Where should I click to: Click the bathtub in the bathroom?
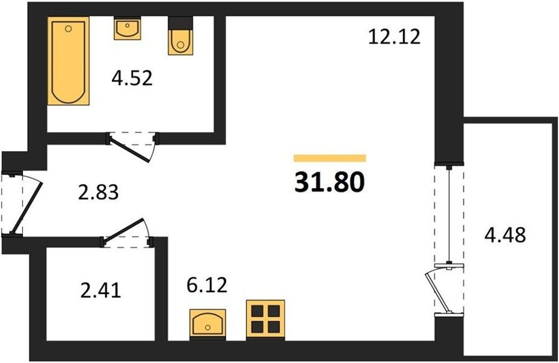point(68,61)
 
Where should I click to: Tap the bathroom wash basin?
point(127,28)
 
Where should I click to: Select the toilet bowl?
point(180,42)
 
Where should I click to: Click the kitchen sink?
point(207,323)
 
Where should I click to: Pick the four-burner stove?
point(265,319)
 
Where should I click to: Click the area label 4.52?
point(132,78)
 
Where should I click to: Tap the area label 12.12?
point(394,37)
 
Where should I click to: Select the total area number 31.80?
point(330,181)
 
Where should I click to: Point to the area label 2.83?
point(98,192)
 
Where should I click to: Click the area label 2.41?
point(101,290)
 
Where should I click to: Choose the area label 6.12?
point(207,285)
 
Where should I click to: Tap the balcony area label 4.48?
point(505,235)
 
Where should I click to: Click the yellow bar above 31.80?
point(330,158)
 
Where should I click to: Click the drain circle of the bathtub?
point(69,29)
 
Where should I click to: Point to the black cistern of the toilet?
point(180,23)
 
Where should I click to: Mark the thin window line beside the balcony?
point(449,215)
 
